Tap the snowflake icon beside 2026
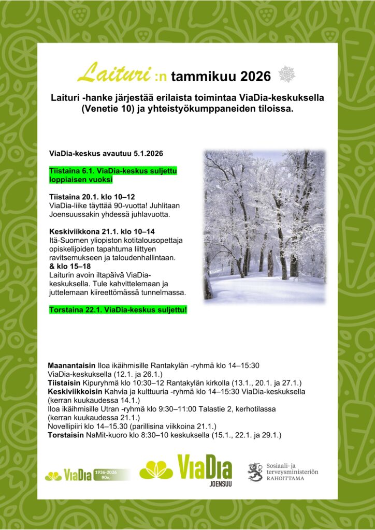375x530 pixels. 286,75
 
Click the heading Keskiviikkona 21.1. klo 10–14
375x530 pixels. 102,231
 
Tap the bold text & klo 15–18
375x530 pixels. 70,265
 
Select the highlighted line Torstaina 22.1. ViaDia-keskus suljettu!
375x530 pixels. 118,310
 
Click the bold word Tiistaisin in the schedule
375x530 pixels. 64,383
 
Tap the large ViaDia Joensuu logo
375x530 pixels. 186,469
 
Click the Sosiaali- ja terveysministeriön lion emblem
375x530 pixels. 255,472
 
